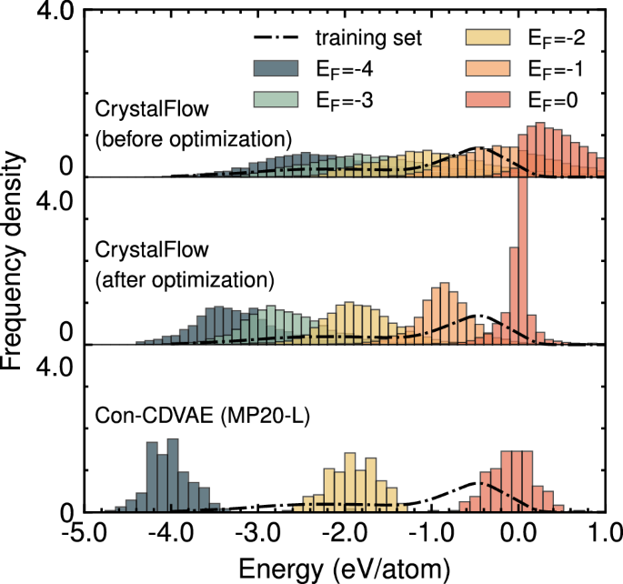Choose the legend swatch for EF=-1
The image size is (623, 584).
(492, 68)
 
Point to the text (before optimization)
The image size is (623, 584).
(193, 139)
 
